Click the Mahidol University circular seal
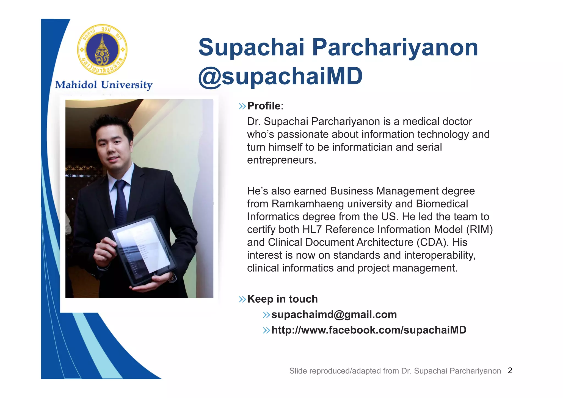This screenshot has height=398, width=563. (x=102, y=50)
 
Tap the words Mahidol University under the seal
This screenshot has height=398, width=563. (x=104, y=85)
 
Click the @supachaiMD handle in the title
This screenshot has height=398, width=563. (x=280, y=76)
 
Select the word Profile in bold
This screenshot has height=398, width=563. (x=264, y=106)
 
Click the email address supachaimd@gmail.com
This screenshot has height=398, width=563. (x=334, y=314)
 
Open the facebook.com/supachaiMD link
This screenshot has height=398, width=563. (x=369, y=330)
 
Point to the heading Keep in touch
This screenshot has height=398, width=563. (x=282, y=299)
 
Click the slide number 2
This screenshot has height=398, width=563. (x=510, y=371)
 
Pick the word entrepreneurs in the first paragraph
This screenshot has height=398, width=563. (x=281, y=160)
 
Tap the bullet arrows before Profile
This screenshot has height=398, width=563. (x=242, y=106)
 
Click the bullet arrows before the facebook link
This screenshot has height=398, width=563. (x=266, y=330)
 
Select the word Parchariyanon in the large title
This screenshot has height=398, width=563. (x=395, y=47)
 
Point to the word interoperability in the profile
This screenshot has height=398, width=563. (x=437, y=255)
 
